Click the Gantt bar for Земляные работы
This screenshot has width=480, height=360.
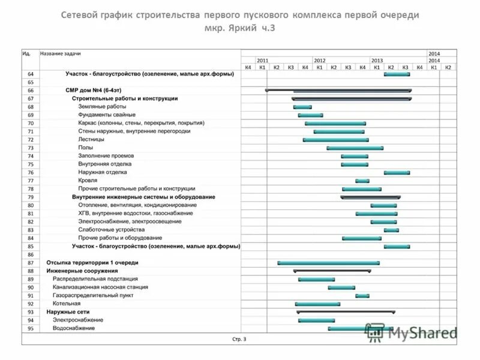coord(302,107)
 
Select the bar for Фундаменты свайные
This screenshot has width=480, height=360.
coord(310,115)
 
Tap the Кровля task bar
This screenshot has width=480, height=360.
coord(362,181)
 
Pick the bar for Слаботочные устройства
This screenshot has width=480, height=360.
coord(391,230)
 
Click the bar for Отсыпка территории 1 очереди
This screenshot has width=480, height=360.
coord(328,263)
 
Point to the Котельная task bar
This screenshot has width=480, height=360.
coord(317,304)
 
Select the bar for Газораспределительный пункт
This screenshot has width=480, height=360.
coord(362,296)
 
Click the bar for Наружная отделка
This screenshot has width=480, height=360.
coord(397,172)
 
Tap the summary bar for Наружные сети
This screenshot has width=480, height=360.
coord(346,312)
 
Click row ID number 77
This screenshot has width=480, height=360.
coord(31,181)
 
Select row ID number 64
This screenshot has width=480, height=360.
coord(31,74)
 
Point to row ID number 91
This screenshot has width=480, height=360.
coord(31,296)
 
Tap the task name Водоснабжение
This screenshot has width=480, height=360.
coord(74,329)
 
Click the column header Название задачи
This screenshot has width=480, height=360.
coord(61,53)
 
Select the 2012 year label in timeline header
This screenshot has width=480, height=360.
coord(320,61)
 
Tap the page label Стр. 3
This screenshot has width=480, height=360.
coord(239,339)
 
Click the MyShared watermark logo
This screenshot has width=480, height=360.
coord(411,332)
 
